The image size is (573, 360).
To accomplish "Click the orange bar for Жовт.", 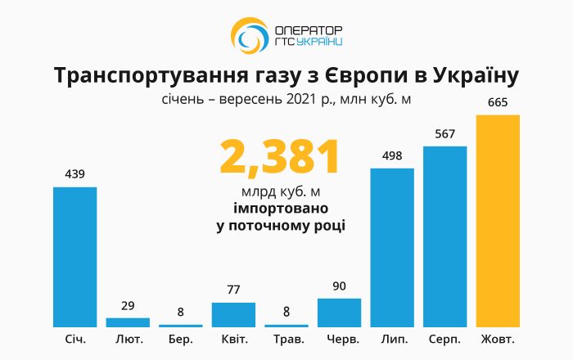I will (x=498, y=221).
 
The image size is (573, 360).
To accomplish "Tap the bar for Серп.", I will (x=444, y=236).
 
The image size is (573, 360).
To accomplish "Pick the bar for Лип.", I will (x=392, y=247).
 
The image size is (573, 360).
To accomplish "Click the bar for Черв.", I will (x=339, y=313).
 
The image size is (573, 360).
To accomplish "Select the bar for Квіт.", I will (x=233, y=315).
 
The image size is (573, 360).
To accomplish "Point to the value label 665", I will (x=498, y=103).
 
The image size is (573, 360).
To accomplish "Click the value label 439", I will (x=75, y=174).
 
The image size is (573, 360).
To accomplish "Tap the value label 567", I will (x=444, y=134).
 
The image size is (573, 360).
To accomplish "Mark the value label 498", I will (x=392, y=156).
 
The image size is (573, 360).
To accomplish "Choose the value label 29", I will (x=128, y=305).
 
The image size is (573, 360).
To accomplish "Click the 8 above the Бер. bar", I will (x=181, y=312).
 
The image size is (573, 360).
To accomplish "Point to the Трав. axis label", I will (x=286, y=338).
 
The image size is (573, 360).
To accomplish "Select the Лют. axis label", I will (x=128, y=338).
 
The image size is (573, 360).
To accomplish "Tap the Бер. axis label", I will (x=181, y=338).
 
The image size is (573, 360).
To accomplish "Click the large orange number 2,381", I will (x=279, y=158).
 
